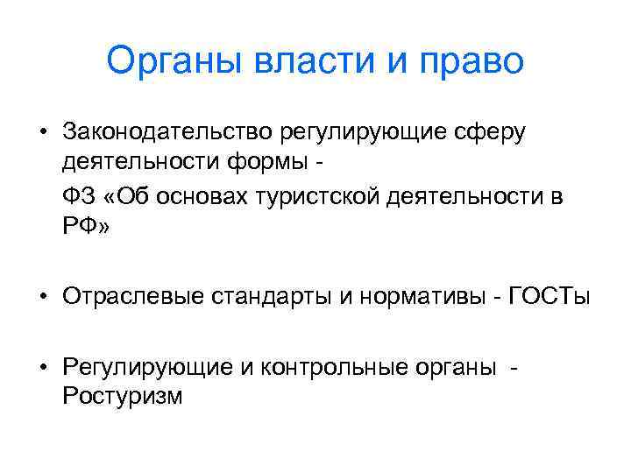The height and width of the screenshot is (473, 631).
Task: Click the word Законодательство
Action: tap(167, 132)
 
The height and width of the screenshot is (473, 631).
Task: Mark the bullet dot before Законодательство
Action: tap(41, 133)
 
